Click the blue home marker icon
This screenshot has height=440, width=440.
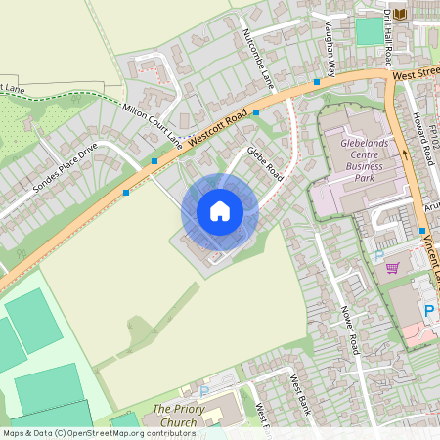pyautogui.click(x=220, y=211)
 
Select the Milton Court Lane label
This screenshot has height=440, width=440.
pyautogui.click(x=153, y=125)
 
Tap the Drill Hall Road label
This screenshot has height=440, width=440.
pyautogui.click(x=388, y=32)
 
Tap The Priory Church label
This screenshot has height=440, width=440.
pyautogui.click(x=175, y=415)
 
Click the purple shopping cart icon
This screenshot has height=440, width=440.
pyautogui.click(x=392, y=268)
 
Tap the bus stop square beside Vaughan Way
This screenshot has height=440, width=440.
pyautogui.click(x=317, y=82)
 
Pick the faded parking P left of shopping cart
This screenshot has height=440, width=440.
pyautogui.click(x=378, y=256)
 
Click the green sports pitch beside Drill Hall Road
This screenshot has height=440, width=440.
pyautogui.click(x=369, y=30)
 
